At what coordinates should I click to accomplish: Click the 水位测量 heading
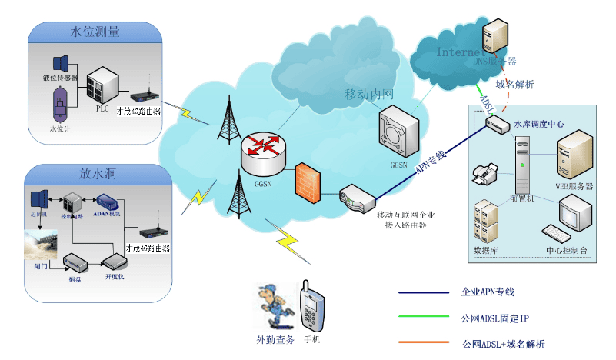click(x=94, y=32)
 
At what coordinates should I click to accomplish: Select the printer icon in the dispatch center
click(x=486, y=172)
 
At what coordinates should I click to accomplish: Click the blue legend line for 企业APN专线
click(x=424, y=292)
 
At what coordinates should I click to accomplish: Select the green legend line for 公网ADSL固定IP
click(x=424, y=317)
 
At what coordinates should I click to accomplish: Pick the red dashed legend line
click(x=424, y=343)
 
